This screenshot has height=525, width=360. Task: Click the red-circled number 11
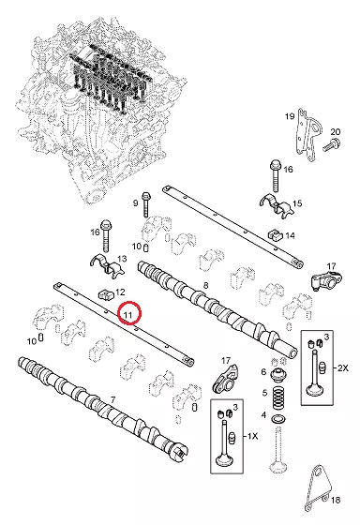[127, 315]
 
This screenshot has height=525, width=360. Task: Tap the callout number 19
[290, 116]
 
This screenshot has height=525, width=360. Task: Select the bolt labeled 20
[332, 144]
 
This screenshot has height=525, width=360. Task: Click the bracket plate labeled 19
[308, 135]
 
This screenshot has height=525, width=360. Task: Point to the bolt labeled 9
[146, 204]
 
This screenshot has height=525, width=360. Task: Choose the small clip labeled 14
[275, 234]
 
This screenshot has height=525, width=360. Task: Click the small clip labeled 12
[106, 294]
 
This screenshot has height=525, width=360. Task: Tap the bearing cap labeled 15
[277, 204]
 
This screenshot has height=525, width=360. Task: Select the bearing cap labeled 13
[107, 266]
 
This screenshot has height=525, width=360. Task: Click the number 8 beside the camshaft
[205, 285]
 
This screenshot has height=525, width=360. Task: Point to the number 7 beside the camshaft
[112, 399]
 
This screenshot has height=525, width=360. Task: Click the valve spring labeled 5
[277, 397]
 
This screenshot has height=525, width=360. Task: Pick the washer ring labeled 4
[277, 419]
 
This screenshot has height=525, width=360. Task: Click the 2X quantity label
[342, 367]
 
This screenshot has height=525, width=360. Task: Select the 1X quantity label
[252, 436]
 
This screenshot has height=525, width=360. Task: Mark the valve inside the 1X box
[224, 444]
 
